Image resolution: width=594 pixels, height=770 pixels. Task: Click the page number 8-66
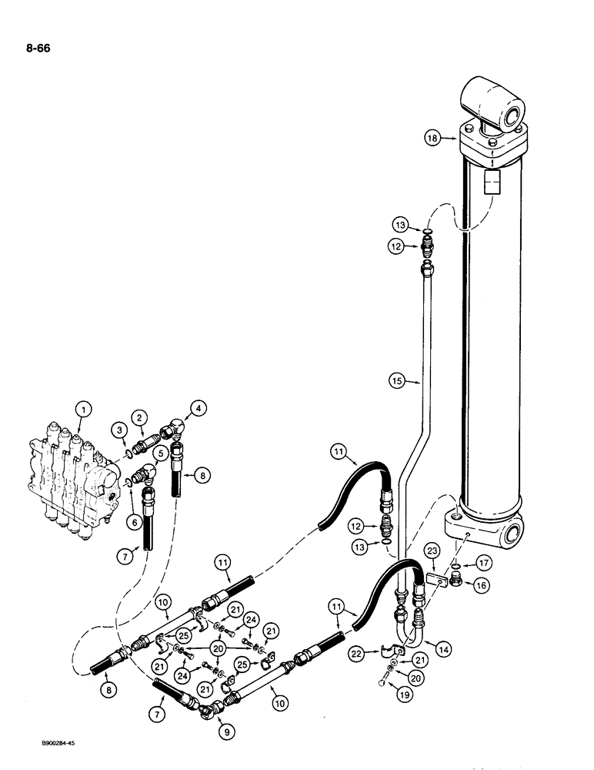point(35,52)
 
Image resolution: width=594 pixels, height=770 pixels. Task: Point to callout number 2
point(139,417)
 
